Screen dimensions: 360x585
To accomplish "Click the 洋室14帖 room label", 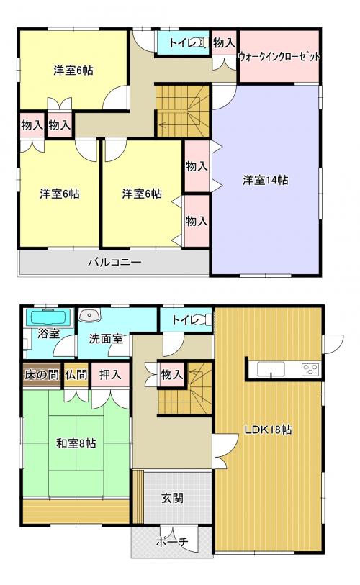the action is point(266,180).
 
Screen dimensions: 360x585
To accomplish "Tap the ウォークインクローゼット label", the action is point(279,57).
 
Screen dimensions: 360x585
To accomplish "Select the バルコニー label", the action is point(115,262).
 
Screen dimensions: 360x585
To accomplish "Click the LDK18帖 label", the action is point(268,430).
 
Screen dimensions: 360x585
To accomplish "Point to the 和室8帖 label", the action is point(76,443).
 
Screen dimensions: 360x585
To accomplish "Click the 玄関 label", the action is point(172,498).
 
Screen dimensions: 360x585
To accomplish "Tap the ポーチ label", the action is point(172,541).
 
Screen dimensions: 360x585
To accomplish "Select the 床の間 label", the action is point(42,375).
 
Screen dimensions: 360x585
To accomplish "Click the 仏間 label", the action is point(76,375).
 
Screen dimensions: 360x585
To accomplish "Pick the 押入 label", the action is point(110,375).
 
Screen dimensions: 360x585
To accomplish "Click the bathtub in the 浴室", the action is point(48,317).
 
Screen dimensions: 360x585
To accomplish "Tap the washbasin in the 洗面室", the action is point(89,315).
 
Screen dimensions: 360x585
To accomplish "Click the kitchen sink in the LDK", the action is point(271,369).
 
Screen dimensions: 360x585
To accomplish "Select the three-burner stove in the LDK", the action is point(310,369).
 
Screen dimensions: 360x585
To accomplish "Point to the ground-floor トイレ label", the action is point(186,320).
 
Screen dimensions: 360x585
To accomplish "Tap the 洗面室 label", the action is point(106,339).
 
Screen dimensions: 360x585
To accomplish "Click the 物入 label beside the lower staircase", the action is point(172,375).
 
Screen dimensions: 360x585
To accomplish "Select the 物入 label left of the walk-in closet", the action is point(224,42).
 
